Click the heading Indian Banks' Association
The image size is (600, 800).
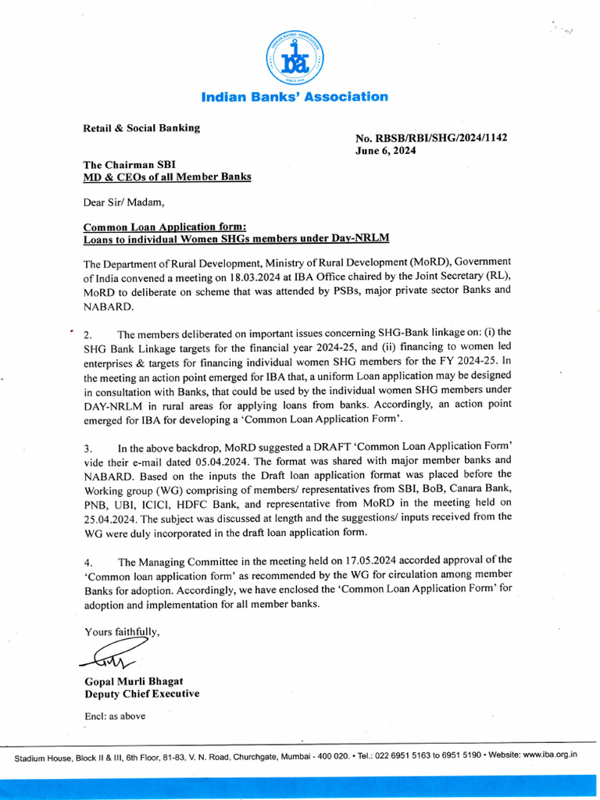(295, 97)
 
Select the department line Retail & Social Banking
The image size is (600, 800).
(141, 127)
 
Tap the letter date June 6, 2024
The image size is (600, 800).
(386, 151)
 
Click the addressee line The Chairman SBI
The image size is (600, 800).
(130, 165)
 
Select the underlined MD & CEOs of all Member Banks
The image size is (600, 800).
(167, 177)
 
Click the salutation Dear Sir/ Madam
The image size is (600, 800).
(124, 203)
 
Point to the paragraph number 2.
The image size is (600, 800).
(87, 334)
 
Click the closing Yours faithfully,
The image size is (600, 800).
(123, 631)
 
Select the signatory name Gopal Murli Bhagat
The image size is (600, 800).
(134, 681)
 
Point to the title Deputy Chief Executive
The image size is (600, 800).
(141, 694)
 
